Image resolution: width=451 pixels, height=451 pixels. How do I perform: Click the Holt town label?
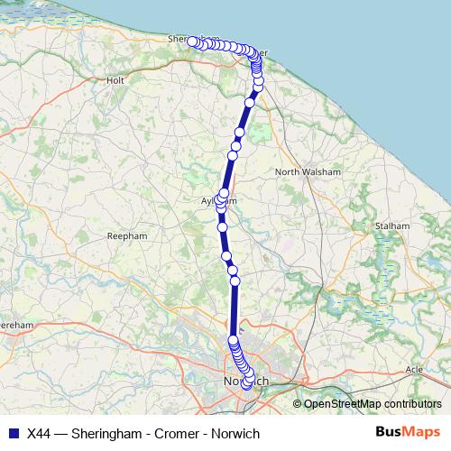[115, 80]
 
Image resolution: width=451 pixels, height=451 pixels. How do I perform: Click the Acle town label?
[414, 370]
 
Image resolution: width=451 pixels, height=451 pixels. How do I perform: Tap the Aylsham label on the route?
[219, 200]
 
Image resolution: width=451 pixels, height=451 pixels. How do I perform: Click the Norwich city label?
[244, 382]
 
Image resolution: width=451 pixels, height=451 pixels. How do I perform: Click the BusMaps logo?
[408, 432]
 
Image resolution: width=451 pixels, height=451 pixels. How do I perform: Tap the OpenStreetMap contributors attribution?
[373, 404]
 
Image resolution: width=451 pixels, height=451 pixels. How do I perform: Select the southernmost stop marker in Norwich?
[247, 385]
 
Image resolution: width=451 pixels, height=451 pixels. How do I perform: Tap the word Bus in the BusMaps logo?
[391, 432]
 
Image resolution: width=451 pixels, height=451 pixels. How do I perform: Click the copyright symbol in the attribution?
[298, 404]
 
